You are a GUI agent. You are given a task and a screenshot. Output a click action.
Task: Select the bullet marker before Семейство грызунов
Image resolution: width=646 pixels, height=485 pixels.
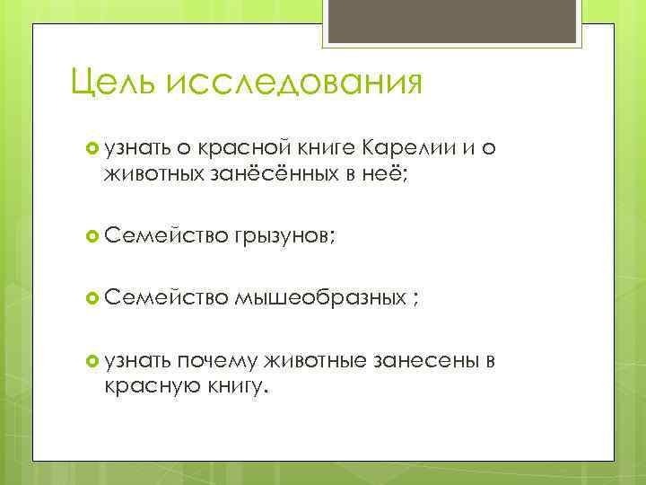91,236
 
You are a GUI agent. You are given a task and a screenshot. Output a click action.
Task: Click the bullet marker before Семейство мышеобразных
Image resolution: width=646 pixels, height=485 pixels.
91,298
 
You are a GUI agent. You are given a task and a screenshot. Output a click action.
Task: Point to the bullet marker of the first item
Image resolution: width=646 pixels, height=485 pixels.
91,147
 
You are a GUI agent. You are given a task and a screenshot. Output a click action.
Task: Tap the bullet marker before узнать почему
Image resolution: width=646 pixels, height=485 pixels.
91,360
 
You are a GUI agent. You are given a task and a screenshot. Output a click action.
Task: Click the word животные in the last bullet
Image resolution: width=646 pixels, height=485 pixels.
314,360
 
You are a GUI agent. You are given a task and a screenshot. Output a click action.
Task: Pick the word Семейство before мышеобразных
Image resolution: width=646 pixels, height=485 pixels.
167,298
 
